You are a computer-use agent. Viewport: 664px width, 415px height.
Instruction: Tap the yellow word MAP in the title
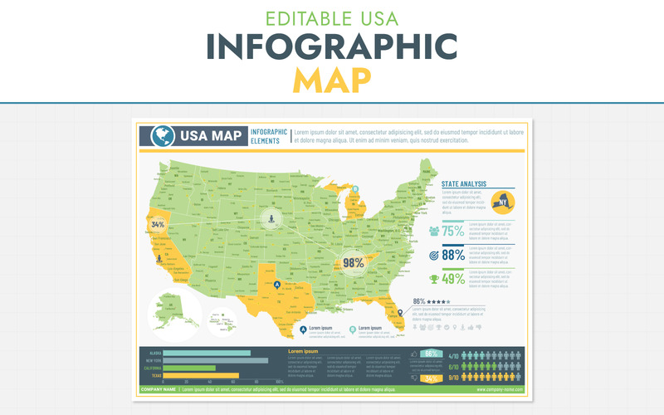tap(332, 79)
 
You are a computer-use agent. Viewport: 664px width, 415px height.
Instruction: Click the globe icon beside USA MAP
tap(162, 136)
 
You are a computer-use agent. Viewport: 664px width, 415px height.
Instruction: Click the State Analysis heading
tap(464, 184)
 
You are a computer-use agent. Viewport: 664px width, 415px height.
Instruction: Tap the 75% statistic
tap(453, 232)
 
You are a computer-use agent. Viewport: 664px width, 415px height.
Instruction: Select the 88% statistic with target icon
tap(453, 256)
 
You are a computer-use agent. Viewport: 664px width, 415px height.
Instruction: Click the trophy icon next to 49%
tap(434, 280)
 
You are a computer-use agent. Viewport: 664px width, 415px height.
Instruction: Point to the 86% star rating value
tap(419, 301)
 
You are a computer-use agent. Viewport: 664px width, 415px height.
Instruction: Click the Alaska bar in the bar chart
tap(207, 353)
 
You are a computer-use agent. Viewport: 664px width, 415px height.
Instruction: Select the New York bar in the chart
tap(215, 360)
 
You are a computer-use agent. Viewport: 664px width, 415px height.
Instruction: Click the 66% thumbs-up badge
tap(431, 354)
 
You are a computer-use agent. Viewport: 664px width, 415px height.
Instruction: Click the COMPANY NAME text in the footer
tap(159, 388)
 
